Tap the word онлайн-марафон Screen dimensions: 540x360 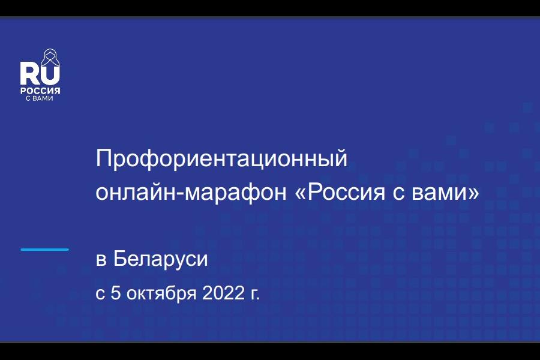click(x=191, y=192)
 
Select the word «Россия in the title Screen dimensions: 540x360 click(x=340, y=192)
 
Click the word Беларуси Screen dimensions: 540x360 click(x=160, y=259)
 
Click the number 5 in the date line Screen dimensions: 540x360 click(x=116, y=293)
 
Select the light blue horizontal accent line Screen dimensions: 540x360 click(x=45, y=250)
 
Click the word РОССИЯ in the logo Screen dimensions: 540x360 click(x=40, y=91)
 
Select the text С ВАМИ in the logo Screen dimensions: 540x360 click(x=40, y=98)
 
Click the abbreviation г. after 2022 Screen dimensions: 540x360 click(x=255, y=295)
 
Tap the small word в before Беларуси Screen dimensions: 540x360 click(x=101, y=261)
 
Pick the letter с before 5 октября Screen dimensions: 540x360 click(x=100, y=295)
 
